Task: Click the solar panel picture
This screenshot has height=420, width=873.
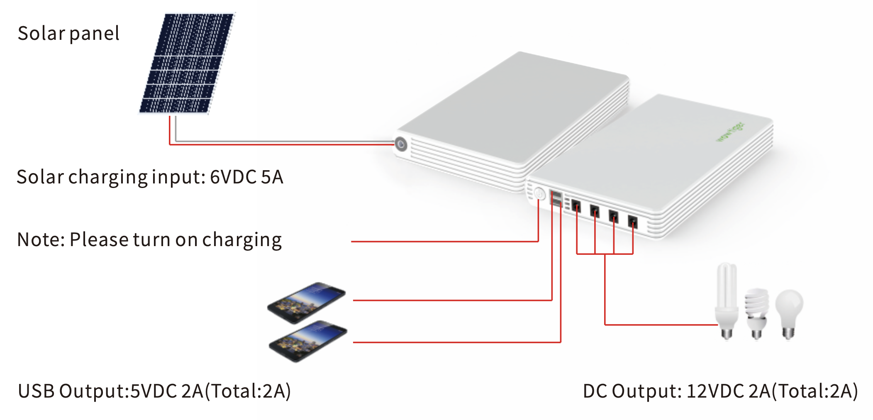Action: [187, 63]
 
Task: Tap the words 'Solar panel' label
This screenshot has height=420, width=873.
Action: [68, 33]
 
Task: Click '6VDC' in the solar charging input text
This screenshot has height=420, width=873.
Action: [233, 177]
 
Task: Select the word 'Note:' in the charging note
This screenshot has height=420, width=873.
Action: [41, 240]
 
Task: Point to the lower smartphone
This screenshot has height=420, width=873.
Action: [308, 341]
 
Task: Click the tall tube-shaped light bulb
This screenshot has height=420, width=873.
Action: [726, 301]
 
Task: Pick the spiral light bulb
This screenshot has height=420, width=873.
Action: [756, 313]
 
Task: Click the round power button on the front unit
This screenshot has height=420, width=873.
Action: [539, 194]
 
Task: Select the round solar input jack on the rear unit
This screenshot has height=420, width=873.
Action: [401, 144]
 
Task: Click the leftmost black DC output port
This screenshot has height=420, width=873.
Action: [576, 205]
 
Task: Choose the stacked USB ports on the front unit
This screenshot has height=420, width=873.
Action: [556, 198]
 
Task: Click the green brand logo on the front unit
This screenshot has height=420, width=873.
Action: [731, 132]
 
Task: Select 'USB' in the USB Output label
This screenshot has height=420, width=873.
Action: [36, 391]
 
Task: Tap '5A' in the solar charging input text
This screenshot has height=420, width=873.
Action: [272, 177]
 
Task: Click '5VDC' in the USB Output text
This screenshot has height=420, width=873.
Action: [154, 391]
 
